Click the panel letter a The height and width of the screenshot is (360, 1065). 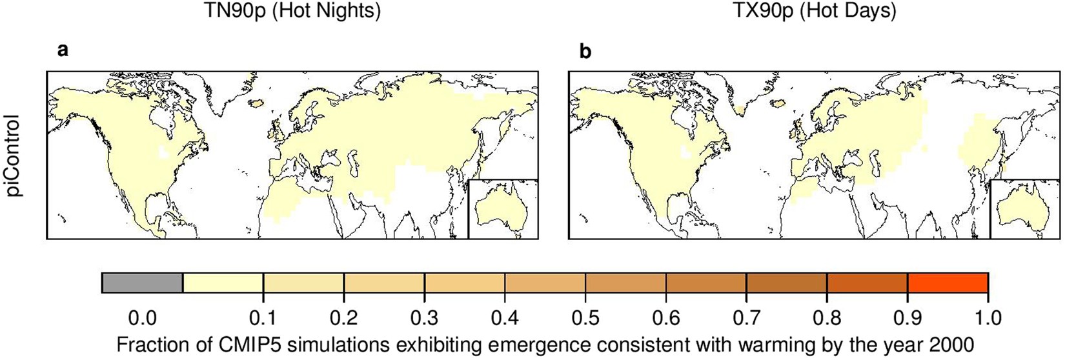tap(63, 51)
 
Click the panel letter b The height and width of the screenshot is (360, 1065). tap(585, 51)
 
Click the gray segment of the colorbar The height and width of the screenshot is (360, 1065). tap(143, 283)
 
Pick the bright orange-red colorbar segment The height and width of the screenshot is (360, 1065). tap(948, 283)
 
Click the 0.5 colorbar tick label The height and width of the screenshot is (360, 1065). tap(585, 317)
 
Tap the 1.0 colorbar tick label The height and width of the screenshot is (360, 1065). tap(988, 317)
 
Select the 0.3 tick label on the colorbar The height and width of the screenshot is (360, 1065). tap(424, 317)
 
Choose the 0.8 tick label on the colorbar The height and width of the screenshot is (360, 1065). tap(827, 317)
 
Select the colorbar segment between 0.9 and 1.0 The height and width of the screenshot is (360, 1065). tap(948, 283)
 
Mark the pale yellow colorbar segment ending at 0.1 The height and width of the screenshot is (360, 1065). tap(223, 283)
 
